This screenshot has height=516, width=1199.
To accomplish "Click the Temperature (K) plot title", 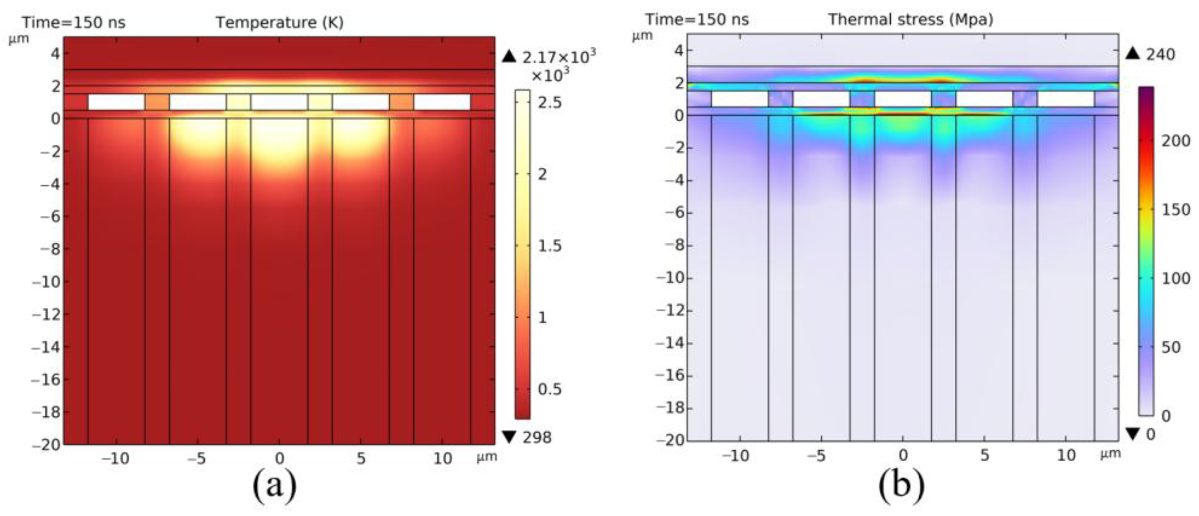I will coord(279,22).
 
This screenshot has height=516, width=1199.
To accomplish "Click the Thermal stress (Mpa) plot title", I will coord(910,20).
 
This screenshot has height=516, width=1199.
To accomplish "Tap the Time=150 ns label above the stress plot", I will coord(697,20).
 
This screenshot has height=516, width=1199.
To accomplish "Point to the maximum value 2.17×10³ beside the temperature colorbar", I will coord(559,57).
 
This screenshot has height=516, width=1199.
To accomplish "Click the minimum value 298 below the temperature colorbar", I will coord(537,437).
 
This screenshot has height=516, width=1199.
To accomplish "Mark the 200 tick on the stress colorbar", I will coord(1176,140).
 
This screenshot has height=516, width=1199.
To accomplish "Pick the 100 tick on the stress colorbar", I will coord(1176,278).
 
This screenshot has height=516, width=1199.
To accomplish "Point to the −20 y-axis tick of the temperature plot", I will coord(46,445).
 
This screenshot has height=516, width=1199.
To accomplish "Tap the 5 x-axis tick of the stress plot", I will coord(985,455).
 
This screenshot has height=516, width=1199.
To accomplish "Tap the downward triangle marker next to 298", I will coord(510,437).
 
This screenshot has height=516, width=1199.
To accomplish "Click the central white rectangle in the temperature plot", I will coord(279,102).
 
